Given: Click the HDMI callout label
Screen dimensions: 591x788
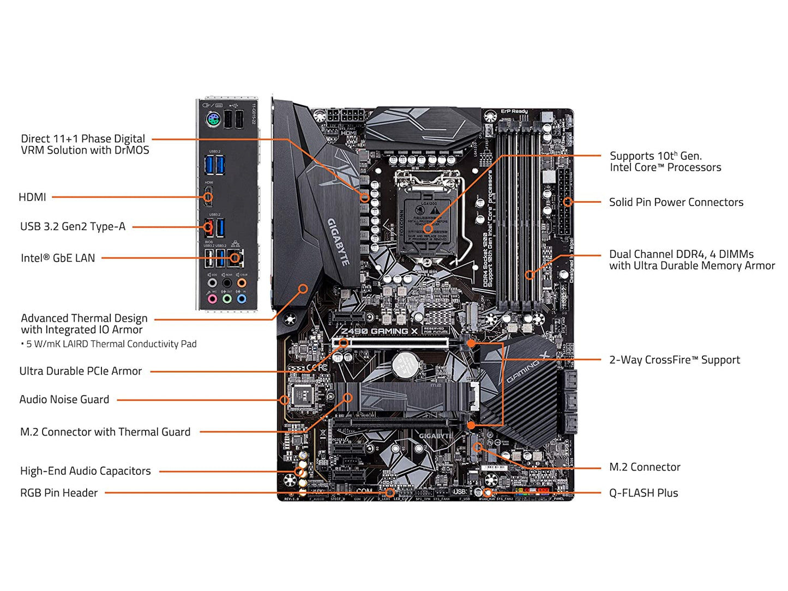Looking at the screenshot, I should coord(32,197).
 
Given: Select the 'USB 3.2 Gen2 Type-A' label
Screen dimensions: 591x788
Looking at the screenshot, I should coord(73,227).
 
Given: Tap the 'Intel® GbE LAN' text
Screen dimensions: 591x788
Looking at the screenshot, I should coord(58,258).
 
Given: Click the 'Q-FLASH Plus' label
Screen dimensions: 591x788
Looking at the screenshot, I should coord(643,493).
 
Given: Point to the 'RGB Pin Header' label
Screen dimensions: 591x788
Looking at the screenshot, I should coord(59,493).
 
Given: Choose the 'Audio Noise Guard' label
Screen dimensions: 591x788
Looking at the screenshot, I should coord(64,400).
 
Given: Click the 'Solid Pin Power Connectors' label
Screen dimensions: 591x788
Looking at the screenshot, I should coord(676,202).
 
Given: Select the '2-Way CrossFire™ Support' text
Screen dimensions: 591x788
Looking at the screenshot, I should coord(674,360).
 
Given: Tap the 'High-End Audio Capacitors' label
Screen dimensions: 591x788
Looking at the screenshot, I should coord(85,471).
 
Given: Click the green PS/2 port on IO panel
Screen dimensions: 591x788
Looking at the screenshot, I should coord(213,119).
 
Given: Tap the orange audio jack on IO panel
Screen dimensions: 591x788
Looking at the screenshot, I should coord(241,283).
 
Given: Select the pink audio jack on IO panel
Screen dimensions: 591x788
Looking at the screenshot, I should coord(212,299).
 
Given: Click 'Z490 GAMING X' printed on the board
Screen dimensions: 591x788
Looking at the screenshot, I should coord(379,331).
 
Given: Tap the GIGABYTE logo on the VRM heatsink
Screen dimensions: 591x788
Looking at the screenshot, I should coord(338,242).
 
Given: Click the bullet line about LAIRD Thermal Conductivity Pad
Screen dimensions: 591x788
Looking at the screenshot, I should coord(109,344).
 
